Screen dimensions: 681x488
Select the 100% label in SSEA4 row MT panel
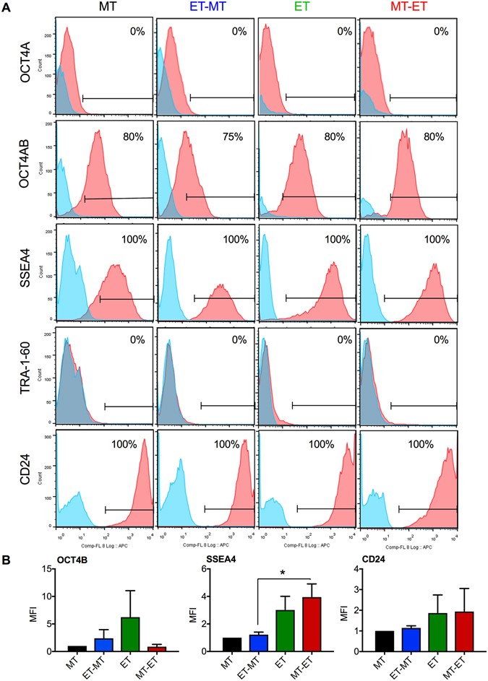tap(133, 238)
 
